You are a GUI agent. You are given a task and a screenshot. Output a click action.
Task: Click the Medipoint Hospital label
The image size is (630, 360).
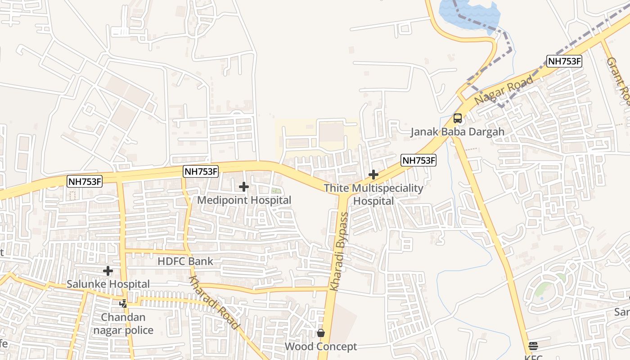click(x=244, y=200)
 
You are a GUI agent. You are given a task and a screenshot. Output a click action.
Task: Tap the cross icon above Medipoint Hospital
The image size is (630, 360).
click(x=244, y=186)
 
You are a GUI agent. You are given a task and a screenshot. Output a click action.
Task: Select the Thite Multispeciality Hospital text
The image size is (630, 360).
click(x=373, y=194)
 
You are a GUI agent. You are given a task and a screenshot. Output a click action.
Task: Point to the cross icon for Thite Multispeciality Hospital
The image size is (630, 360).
click(x=373, y=175)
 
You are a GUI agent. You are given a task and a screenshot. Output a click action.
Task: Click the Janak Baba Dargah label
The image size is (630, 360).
click(x=457, y=132)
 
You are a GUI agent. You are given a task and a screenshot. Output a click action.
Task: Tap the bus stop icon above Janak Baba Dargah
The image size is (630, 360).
click(x=458, y=118)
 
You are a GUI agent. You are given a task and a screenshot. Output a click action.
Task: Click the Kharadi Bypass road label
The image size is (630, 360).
click(x=339, y=252)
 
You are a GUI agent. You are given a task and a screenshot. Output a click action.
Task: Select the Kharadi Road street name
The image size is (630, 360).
click(x=213, y=302)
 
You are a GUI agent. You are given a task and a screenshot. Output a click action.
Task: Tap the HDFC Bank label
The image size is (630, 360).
click(x=185, y=261)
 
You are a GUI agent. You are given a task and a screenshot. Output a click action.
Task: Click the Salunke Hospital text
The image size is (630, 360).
click(x=108, y=284)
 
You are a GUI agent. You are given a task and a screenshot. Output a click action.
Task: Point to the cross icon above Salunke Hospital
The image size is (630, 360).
click(x=108, y=271)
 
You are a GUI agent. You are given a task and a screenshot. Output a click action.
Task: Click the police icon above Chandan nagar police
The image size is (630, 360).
click(x=123, y=304)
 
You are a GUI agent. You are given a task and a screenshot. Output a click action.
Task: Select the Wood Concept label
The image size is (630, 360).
click(x=321, y=346)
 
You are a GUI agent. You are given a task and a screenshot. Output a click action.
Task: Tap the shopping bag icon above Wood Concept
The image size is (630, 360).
click(x=321, y=333)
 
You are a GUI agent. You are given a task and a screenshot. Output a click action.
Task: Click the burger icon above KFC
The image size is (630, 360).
click(x=533, y=346)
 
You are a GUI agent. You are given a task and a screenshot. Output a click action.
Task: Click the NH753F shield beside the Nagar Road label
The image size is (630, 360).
click(x=564, y=62)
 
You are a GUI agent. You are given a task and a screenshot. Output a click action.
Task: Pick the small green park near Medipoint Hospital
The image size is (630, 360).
click(x=276, y=191)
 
